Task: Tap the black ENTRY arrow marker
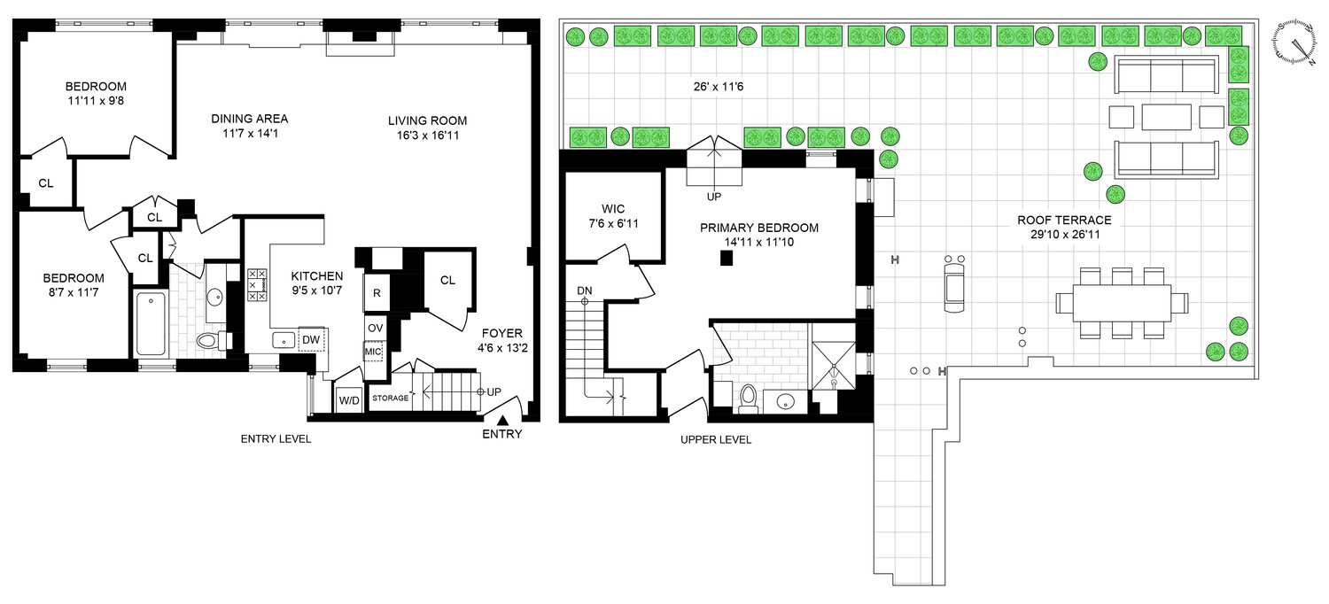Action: (502, 421)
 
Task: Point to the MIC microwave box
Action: (373, 352)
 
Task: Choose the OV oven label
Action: (376, 328)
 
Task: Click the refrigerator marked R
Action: (377, 293)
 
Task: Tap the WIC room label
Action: (613, 210)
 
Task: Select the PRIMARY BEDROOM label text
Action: (759, 228)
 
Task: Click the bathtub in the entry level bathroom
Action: (152, 323)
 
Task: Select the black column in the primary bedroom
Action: (727, 258)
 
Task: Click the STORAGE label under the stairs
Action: (390, 398)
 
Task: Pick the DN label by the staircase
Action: (584, 290)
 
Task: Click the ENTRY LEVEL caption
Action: (276, 439)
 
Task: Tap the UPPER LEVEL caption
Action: (715, 439)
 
